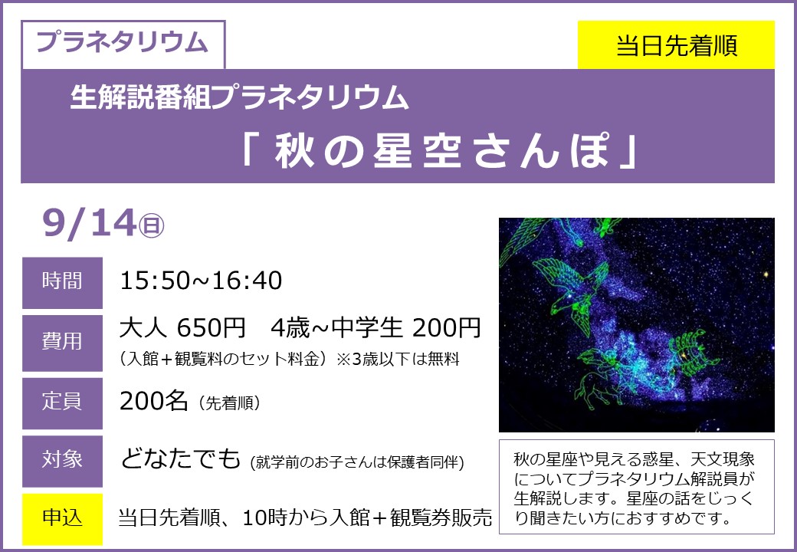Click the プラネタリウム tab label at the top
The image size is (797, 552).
tap(123, 43)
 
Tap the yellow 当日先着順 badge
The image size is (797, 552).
tap(676, 44)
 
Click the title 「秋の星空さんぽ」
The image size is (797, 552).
tap(440, 151)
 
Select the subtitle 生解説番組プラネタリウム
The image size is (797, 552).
tap(239, 97)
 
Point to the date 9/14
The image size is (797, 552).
tap(90, 223)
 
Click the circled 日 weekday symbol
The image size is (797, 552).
tap(152, 226)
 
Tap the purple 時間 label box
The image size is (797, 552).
tap(63, 283)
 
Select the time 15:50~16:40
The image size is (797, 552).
tap(201, 281)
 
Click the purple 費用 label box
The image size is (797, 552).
tap(63, 343)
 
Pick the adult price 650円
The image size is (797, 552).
tap(212, 328)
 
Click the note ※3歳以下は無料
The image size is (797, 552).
tap(398, 360)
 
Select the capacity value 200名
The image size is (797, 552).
tap(153, 402)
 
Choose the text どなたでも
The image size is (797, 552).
tap(180, 459)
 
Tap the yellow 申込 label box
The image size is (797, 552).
tap(63, 519)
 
